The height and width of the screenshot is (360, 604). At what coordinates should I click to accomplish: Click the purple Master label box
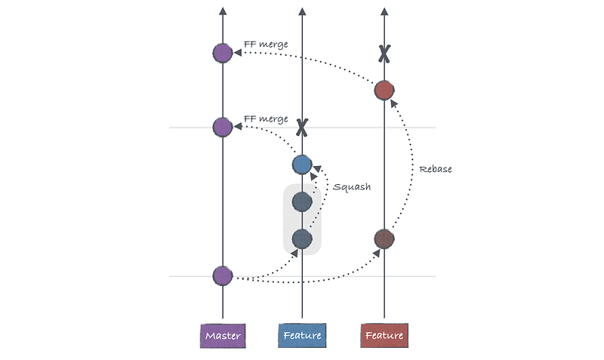tap(223, 335)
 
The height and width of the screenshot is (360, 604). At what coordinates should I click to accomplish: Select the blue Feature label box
tap(302, 335)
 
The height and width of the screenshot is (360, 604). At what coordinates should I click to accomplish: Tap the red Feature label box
tap(384, 335)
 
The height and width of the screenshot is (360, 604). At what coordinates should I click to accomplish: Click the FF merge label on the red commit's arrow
tap(266, 45)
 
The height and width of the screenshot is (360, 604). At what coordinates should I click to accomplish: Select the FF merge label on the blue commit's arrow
tap(266, 119)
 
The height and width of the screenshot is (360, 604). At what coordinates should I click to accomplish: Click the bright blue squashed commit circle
tap(302, 164)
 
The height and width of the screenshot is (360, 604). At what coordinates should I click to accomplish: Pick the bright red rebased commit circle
tap(384, 91)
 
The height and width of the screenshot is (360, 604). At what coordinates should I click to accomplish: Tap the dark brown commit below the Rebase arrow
tap(384, 238)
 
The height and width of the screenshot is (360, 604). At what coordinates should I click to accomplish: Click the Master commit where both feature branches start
tap(223, 276)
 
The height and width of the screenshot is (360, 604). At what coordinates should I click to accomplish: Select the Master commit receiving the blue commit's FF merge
tap(223, 127)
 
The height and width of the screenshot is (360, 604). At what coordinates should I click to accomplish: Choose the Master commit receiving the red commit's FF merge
tap(223, 53)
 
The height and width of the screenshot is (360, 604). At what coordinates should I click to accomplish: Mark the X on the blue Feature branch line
tap(302, 127)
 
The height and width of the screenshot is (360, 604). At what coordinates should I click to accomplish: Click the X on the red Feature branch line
tap(384, 54)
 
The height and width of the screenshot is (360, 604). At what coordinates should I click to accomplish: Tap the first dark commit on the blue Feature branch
tap(302, 238)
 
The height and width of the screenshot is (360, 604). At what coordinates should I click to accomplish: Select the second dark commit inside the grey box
tap(302, 202)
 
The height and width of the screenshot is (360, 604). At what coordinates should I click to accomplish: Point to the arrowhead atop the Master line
tap(223, 11)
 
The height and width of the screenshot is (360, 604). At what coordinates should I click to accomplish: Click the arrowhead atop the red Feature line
tap(384, 11)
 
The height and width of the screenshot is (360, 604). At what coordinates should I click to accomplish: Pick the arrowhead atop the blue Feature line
tap(302, 11)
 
